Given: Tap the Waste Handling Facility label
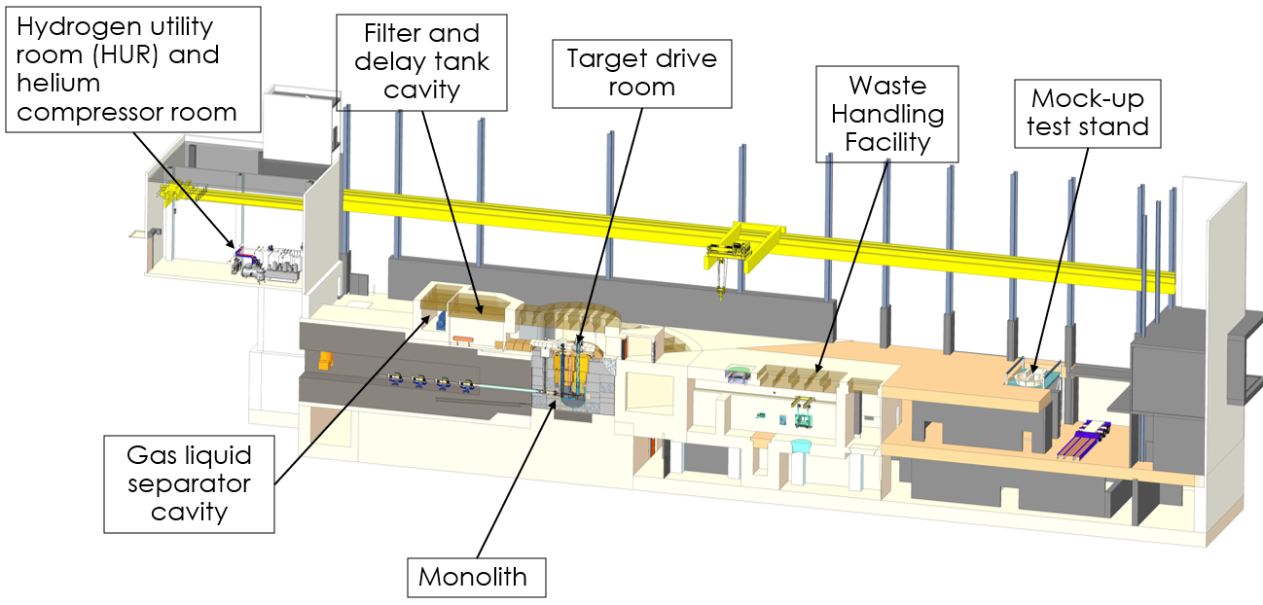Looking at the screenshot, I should (887, 115).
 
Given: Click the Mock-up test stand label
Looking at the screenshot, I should (1087, 113).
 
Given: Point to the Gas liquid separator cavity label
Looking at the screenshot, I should (189, 483).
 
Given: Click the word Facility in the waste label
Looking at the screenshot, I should (887, 142).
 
